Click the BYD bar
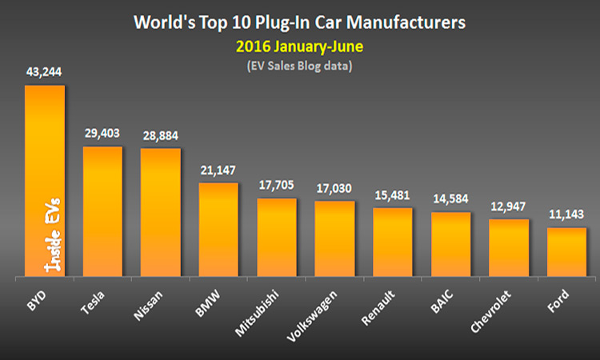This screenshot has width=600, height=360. [45, 144]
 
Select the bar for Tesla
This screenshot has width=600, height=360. [102, 212]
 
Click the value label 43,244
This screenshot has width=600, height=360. [44, 71]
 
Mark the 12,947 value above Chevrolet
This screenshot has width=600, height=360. [507, 205]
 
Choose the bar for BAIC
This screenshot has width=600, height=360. [450, 245]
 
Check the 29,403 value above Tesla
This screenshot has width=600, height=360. [102, 132]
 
